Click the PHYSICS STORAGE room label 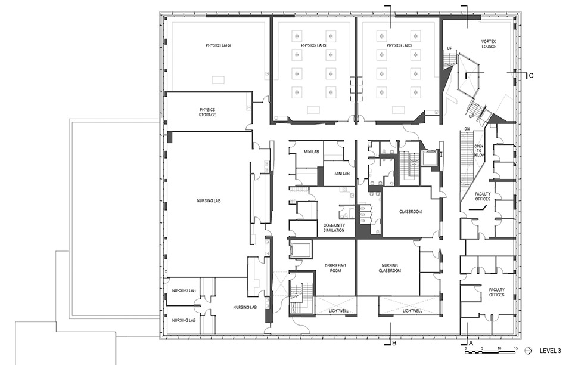(207, 112)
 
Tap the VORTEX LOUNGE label (489, 45)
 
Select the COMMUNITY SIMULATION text (334, 227)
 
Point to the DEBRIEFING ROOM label (335, 268)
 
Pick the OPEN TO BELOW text (478, 150)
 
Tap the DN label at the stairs (468, 129)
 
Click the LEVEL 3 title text (550, 351)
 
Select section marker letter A (471, 343)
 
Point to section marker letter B (394, 343)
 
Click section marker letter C (531, 75)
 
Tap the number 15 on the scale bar (516, 347)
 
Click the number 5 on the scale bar (483, 347)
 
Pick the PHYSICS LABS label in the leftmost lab (218, 45)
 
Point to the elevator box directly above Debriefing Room (300, 250)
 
